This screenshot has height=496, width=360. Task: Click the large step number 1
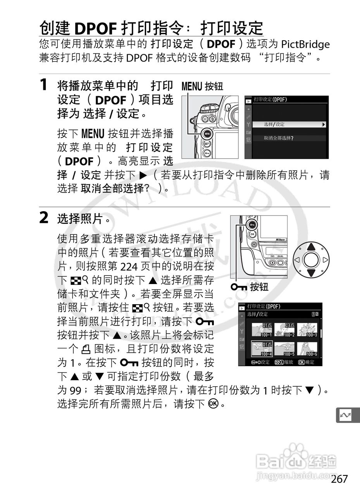coord(43,84)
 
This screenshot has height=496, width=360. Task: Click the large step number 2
coord(44,217)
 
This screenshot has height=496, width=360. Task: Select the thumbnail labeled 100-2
coord(284,330)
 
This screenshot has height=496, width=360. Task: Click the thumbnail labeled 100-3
coord(307,330)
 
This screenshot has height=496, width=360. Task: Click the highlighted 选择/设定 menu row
coord(289,124)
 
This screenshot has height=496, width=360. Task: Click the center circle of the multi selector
coord(311,260)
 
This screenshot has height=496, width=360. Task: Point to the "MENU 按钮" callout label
coord(202,86)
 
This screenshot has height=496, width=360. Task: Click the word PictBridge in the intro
coord(305,44)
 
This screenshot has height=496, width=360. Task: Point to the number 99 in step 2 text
coord(75,390)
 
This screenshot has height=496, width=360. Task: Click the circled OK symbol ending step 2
coord(213,403)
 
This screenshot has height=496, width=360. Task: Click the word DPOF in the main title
coord(96,29)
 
